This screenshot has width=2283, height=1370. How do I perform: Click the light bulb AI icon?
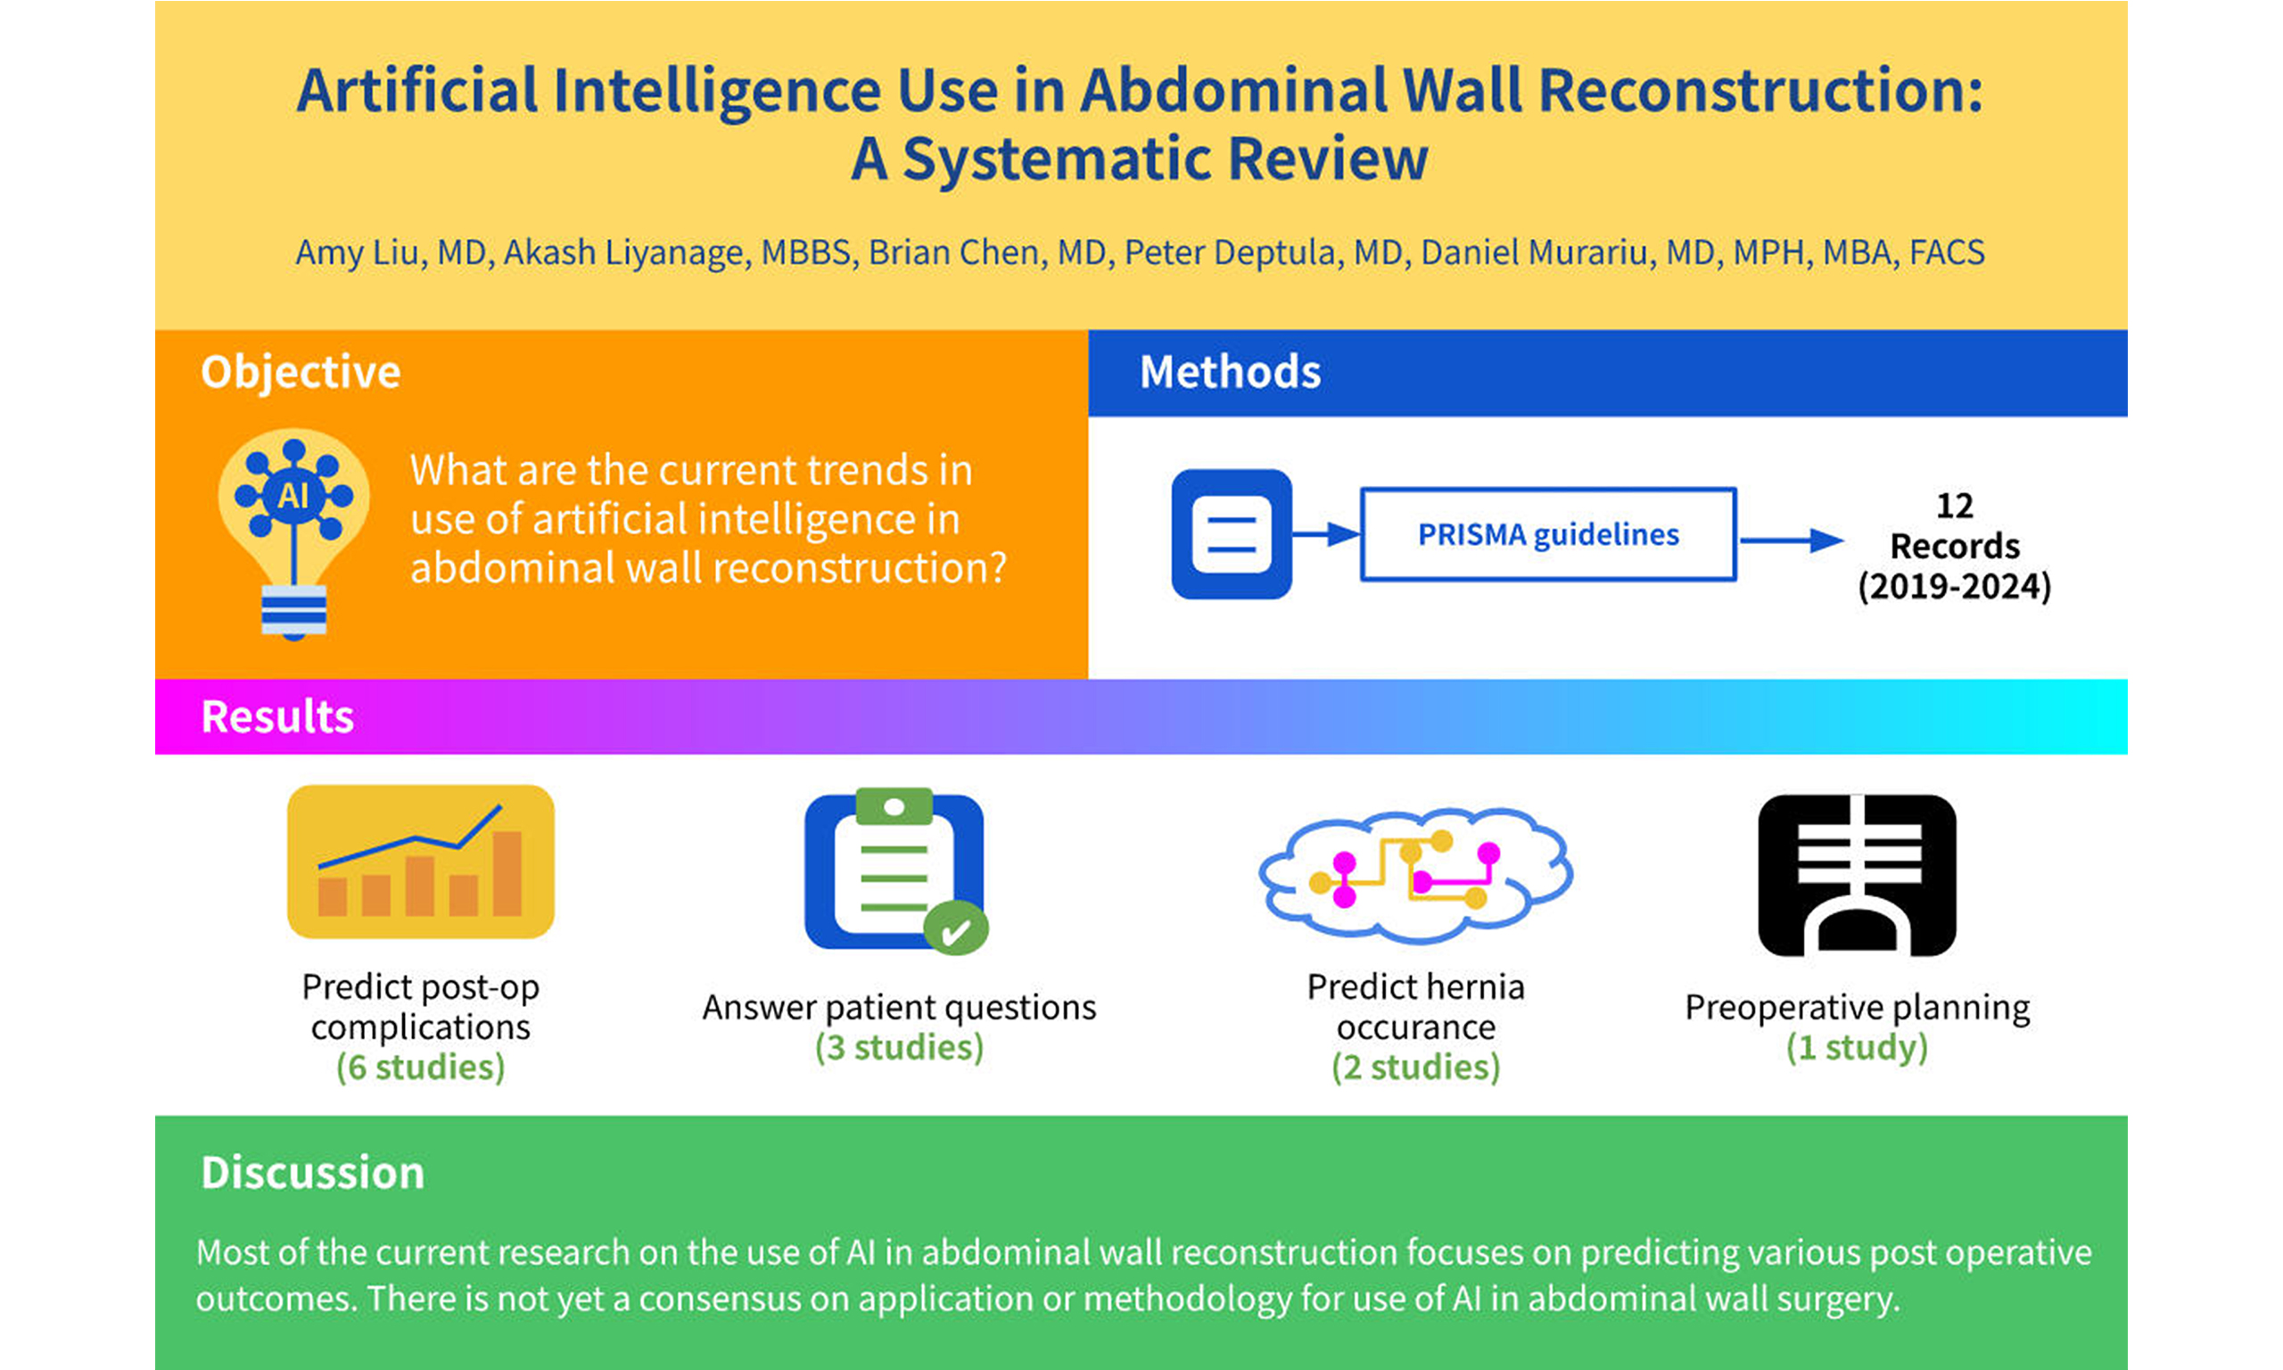(293, 533)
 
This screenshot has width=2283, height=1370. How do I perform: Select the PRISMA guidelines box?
(1548, 534)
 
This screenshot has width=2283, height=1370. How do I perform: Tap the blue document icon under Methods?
(1231, 533)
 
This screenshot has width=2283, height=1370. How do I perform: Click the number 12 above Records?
(1955, 506)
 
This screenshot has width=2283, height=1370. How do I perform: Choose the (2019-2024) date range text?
(1955, 586)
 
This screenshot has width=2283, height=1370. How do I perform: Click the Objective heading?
(301, 372)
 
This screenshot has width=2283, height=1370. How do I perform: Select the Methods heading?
(1230, 372)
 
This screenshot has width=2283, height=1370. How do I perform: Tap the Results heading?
(277, 716)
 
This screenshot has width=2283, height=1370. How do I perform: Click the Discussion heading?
(313, 1173)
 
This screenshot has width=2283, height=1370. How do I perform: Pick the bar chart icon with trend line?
(421, 862)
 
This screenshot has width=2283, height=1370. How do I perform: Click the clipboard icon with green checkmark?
(896, 871)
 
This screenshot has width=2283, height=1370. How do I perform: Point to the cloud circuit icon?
(1415, 874)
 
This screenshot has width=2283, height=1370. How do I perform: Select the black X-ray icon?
(1857, 875)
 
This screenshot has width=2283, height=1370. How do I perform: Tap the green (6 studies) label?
(421, 1068)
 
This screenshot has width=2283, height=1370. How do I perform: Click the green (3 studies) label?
(900, 1048)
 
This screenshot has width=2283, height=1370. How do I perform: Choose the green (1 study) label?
(1858, 1048)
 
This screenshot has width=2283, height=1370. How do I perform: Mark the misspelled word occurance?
(1415, 1027)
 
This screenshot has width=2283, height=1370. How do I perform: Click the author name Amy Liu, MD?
(391, 253)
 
